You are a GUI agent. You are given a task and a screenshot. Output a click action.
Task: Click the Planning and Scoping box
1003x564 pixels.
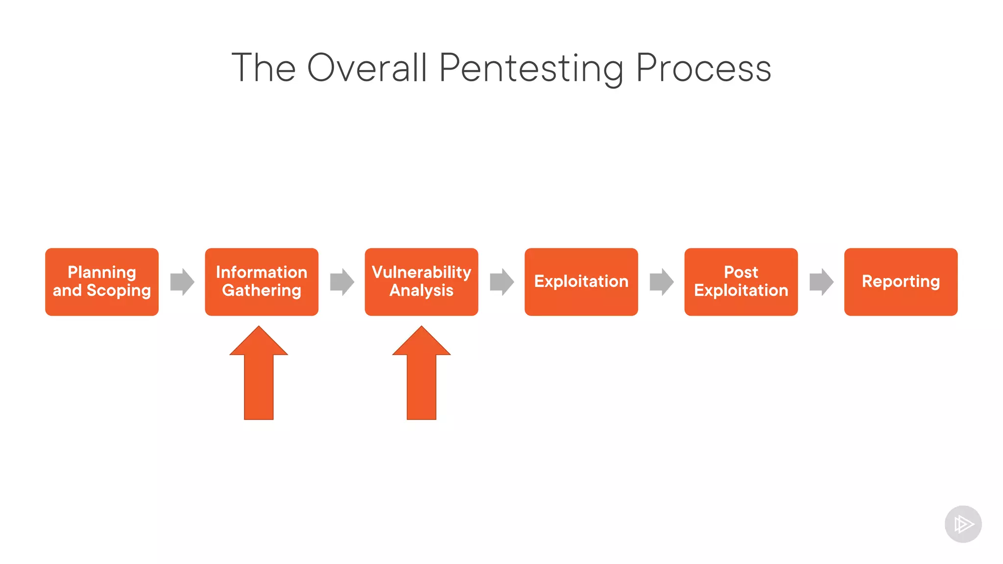[x=102, y=282]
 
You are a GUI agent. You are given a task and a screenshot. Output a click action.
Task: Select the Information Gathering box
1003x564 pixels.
[x=262, y=282]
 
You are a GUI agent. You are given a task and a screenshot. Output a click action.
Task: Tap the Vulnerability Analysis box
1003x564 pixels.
[x=421, y=282]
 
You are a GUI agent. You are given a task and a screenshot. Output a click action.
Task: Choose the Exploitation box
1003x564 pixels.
[x=581, y=282]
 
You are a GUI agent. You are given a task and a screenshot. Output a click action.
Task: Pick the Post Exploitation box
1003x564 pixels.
[x=740, y=282]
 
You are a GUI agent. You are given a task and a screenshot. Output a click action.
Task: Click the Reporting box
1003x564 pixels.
[x=901, y=282]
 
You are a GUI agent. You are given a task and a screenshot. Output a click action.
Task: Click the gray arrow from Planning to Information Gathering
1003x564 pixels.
[x=182, y=282]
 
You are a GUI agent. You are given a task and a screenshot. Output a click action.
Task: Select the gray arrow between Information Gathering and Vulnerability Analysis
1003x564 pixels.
[x=342, y=282]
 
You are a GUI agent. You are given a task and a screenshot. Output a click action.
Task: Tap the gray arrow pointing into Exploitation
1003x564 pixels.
[x=501, y=282]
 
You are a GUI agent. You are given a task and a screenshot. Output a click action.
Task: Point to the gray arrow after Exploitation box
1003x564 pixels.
[x=661, y=282]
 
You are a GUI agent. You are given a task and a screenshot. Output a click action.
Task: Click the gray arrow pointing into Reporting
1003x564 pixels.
[x=821, y=282]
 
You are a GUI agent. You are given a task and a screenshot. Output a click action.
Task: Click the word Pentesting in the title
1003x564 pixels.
[x=531, y=69]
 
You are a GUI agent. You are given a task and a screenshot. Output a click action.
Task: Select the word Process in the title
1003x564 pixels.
[x=703, y=69]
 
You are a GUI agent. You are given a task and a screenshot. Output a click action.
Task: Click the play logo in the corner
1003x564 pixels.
[x=963, y=524]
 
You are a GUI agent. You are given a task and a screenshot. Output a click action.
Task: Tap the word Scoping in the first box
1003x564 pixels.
[x=119, y=291]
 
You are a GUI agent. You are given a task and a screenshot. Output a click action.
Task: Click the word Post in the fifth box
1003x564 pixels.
[x=740, y=272]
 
